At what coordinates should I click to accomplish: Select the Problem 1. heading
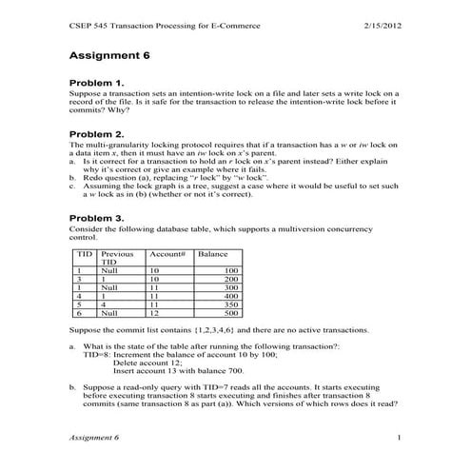[x=98, y=83]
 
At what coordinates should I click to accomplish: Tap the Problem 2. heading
[x=98, y=134]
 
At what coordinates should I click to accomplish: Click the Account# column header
[x=166, y=255]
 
